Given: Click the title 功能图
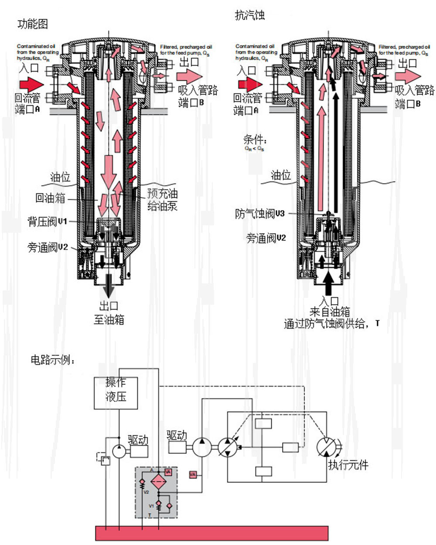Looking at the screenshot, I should point(32,24).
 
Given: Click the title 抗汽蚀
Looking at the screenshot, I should point(250,16).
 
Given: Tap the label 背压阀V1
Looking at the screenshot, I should point(48,222).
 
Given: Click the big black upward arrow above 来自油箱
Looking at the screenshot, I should point(328,283).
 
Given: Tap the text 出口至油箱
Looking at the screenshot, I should point(109,313).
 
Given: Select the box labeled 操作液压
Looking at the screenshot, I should point(116,393).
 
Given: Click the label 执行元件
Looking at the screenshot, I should point(348,465).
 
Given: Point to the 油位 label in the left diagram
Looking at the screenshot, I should point(60,177).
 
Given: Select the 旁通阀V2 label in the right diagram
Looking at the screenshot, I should point(266,238).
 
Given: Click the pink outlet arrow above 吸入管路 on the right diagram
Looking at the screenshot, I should point(408,76).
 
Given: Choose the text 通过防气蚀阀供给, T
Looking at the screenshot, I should point(331,324).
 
